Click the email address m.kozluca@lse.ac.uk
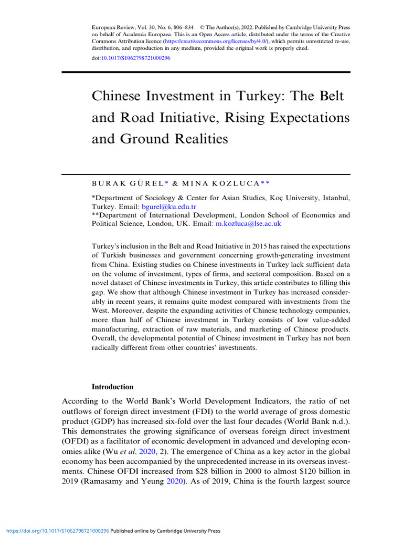(x=249, y=223)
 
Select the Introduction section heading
(x=112, y=387)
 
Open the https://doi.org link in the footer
(x=55, y=531)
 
